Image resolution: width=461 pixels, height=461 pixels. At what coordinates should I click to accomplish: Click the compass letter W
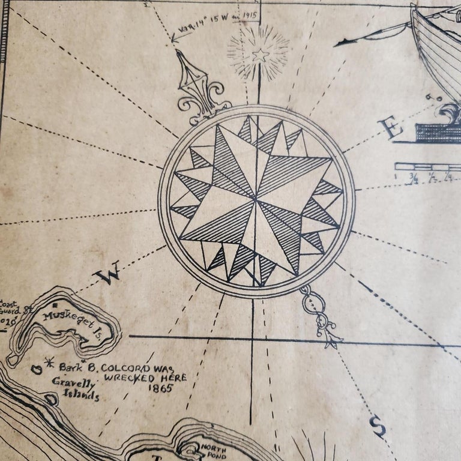click(112, 274)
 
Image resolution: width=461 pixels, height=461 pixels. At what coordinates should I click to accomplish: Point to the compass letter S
click(378, 427)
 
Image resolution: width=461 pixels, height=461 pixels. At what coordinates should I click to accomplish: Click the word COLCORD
click(126, 367)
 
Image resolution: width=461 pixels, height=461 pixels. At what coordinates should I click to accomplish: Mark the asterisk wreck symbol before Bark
click(49, 363)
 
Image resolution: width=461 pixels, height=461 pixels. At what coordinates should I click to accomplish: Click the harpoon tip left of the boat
click(343, 41)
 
